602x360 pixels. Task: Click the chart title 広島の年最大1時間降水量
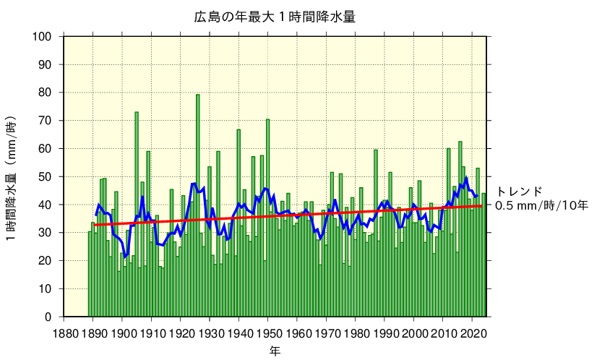pyautogui.click(x=275, y=16)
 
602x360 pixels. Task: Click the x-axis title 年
pyautogui.click(x=275, y=351)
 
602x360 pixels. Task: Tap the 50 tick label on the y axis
pyautogui.click(x=45, y=177)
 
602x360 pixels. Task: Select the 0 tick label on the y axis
pyautogui.click(x=48, y=317)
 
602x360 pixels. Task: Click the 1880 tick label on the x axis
pyautogui.click(x=64, y=333)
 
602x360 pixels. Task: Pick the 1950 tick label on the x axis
pyautogui.click(x=268, y=333)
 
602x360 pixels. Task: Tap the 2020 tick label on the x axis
pyautogui.click(x=473, y=333)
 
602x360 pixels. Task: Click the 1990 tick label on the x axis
pyautogui.click(x=384, y=333)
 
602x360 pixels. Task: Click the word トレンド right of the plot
pyautogui.click(x=519, y=192)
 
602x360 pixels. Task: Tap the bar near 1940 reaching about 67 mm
pyautogui.click(x=238, y=223)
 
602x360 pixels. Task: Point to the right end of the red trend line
pyautogui.click(x=482, y=206)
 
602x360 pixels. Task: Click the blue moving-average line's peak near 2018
pyautogui.click(x=466, y=178)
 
